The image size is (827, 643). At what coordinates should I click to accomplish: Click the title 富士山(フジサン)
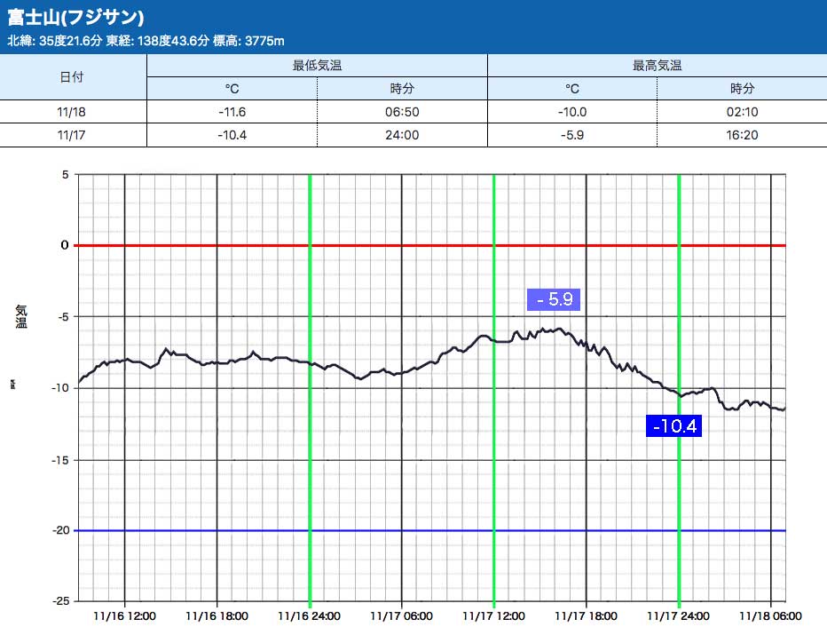pos(75,18)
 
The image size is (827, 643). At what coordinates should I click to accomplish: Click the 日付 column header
pos(72,77)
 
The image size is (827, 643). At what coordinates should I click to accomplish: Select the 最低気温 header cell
pos(317,66)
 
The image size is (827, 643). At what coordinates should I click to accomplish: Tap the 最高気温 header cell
pos(657,66)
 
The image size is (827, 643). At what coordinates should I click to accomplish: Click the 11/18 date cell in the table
pos(72,112)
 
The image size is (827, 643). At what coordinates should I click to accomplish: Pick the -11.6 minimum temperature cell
pos(232,112)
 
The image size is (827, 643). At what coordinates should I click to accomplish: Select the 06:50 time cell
pos(402,112)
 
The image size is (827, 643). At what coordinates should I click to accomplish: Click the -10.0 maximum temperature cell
pos(572,112)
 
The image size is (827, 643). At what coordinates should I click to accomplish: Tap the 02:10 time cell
pos(742,112)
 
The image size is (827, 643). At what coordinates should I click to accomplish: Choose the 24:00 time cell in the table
pos(402,135)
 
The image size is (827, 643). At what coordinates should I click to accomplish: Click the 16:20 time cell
pos(742,135)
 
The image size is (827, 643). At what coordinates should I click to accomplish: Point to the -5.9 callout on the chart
pos(553,299)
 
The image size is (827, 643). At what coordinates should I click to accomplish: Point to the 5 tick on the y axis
pos(65,174)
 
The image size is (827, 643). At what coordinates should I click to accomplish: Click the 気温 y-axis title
pos(21,316)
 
